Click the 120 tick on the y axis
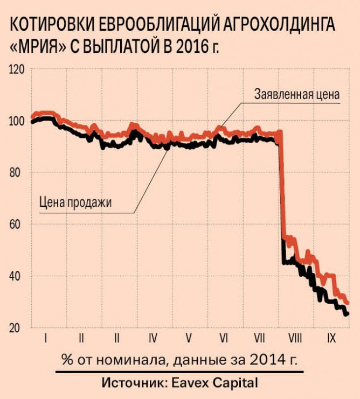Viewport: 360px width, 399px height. pyautogui.click(x=18, y=70)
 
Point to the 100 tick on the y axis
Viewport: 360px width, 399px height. pyautogui.click(x=18, y=122)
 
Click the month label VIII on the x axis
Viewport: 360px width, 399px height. pyautogui.click(x=295, y=339)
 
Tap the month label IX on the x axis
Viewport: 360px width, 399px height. pyautogui.click(x=332, y=339)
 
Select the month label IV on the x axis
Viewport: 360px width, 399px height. pyautogui.click(x=153, y=339)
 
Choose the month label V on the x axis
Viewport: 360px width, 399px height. pyautogui.click(x=189, y=339)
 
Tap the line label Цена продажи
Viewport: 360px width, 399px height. pyautogui.click(x=75, y=202)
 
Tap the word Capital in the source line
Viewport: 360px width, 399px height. pyautogui.click(x=234, y=383)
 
